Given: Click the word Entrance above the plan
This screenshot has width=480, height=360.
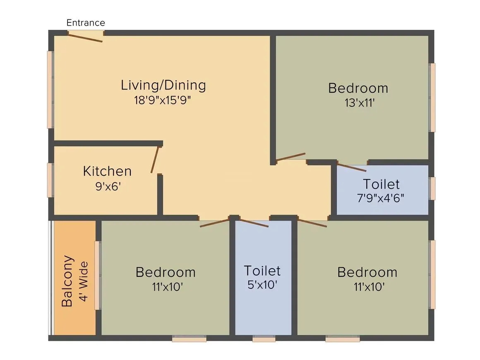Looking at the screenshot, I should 86,23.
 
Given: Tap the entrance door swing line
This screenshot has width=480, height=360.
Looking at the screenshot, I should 85,38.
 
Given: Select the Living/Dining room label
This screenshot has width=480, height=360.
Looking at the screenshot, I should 163,85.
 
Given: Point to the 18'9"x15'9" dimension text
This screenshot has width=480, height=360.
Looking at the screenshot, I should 163,100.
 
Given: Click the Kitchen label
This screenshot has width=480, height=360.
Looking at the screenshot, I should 107,171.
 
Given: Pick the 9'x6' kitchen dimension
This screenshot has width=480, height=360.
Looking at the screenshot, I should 107,186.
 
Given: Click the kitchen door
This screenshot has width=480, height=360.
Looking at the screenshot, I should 155,159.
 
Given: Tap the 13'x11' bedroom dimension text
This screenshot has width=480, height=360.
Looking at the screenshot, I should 359,103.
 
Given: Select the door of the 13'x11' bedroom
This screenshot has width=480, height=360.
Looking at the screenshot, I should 290,157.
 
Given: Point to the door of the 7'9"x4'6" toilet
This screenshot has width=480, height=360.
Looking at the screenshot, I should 351,168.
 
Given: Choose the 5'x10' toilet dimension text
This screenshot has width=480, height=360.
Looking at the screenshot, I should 262,285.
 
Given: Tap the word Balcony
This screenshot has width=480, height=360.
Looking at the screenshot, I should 67,281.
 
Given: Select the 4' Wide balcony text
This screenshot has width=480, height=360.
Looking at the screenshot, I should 84,281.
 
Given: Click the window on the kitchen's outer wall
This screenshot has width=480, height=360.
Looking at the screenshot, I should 50,180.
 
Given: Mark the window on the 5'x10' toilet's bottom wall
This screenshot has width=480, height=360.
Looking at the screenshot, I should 264,339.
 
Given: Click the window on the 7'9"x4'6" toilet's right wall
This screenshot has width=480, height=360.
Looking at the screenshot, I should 432,188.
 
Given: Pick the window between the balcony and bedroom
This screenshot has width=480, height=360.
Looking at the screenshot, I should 98,275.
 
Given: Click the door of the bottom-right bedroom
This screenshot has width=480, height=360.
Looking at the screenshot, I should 312,223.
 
